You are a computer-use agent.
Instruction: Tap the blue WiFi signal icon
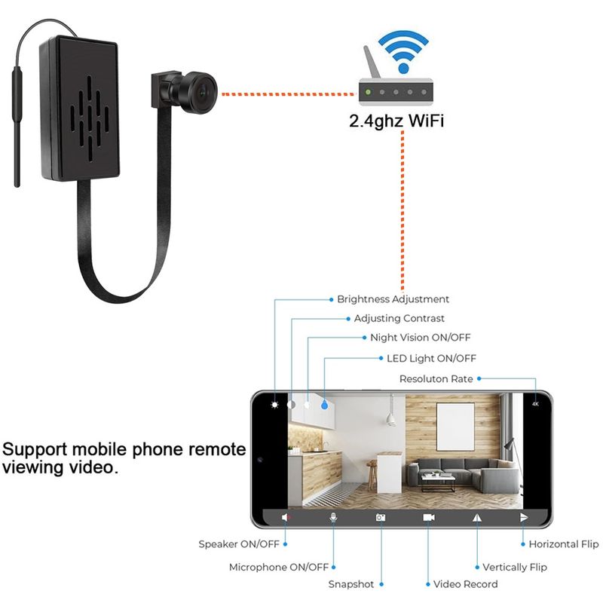click(x=403, y=52)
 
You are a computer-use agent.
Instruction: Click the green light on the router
click(x=368, y=92)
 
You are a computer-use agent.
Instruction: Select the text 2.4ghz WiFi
click(x=396, y=121)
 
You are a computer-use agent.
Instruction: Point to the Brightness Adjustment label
click(x=393, y=299)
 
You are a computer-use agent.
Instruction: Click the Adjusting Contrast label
click(x=399, y=318)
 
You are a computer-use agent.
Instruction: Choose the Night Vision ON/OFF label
click(x=421, y=338)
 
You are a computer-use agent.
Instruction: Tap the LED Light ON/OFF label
click(x=431, y=359)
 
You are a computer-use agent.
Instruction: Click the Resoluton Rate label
click(x=436, y=379)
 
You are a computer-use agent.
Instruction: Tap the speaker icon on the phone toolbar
click(x=286, y=518)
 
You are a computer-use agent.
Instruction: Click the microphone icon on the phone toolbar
click(x=333, y=518)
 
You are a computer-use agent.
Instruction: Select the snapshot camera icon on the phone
click(x=381, y=518)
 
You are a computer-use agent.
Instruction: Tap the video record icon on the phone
click(x=429, y=518)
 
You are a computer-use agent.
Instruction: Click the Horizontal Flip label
click(x=563, y=544)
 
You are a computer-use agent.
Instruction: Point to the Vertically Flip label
click(x=515, y=568)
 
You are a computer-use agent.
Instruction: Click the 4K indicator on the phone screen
click(x=535, y=404)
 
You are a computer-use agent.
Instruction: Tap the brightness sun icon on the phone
click(x=274, y=405)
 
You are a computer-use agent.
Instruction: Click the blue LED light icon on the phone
click(x=324, y=405)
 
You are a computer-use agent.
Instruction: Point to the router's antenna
click(x=372, y=63)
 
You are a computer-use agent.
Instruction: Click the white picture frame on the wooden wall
click(x=455, y=427)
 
